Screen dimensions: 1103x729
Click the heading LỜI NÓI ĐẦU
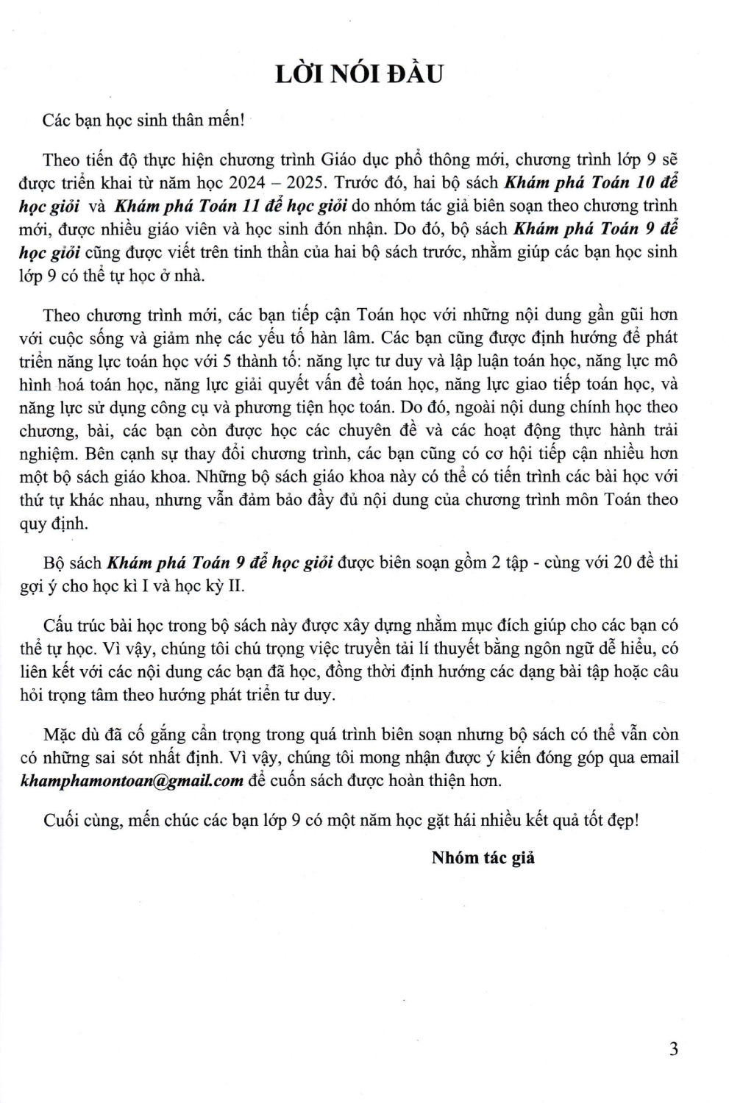point(359,74)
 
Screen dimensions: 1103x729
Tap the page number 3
point(673,1049)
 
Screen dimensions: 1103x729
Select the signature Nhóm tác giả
point(483,857)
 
